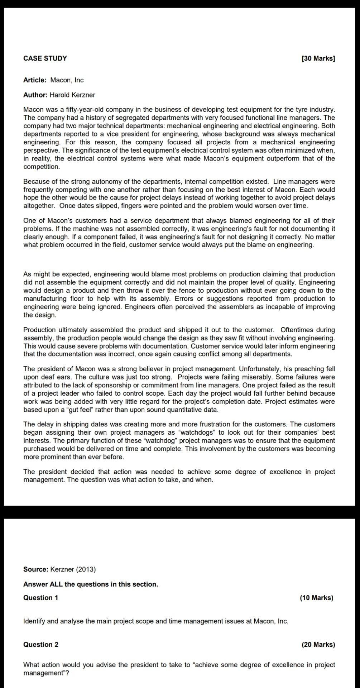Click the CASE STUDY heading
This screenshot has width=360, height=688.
(x=45, y=58)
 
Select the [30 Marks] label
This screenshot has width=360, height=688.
(x=318, y=58)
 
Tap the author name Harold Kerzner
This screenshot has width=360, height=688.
(x=72, y=95)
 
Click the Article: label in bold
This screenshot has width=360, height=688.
(x=35, y=80)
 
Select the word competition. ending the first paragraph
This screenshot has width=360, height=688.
(x=42, y=167)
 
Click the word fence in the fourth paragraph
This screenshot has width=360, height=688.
(x=168, y=291)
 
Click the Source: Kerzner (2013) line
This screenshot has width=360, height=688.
(x=59, y=569)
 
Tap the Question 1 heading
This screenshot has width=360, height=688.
(x=40, y=598)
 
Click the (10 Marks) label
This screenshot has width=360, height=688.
(x=316, y=598)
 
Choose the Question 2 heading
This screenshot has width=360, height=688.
(x=40, y=645)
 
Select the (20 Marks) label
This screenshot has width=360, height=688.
(x=318, y=645)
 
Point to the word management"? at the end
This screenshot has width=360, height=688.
(x=46, y=663)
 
